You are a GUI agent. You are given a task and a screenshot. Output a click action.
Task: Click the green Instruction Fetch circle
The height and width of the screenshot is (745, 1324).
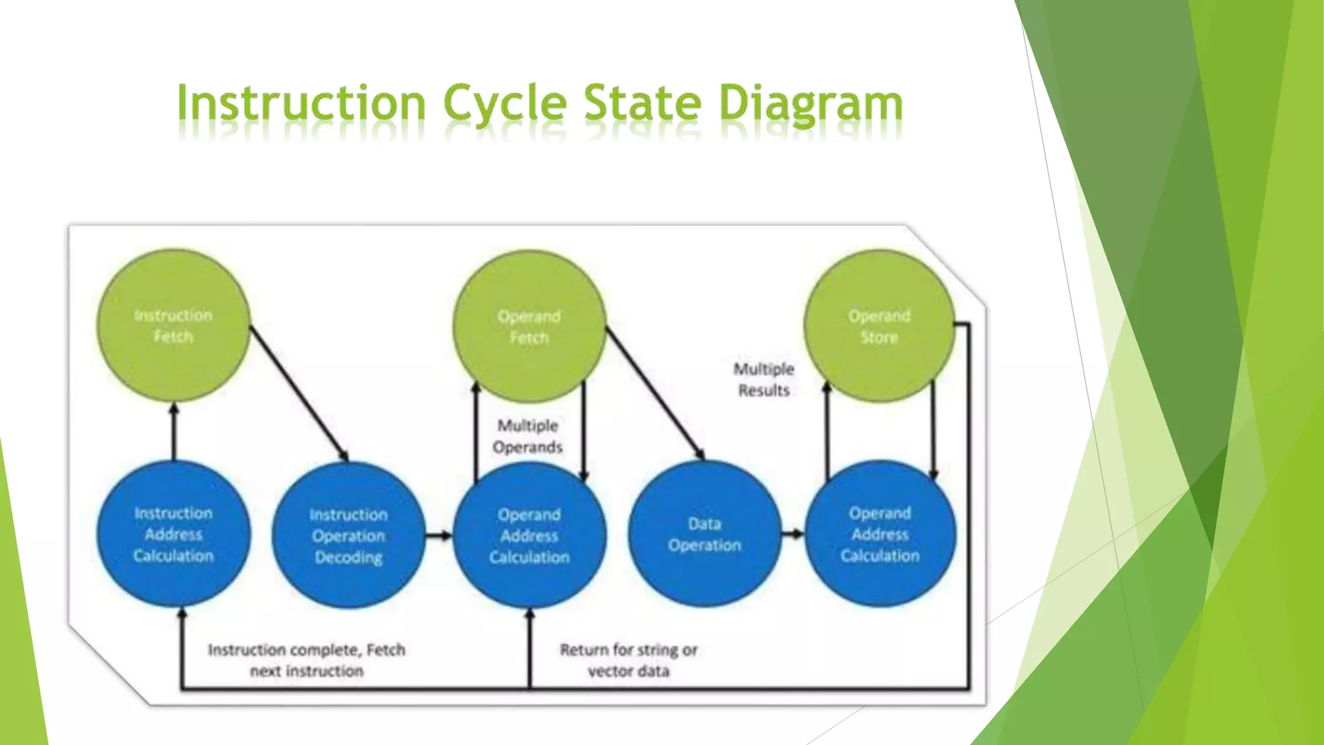tap(173, 326)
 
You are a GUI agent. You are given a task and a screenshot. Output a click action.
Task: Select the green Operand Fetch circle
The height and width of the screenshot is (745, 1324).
tap(529, 326)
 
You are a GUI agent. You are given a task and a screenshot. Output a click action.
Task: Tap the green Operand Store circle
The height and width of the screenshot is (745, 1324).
tap(879, 326)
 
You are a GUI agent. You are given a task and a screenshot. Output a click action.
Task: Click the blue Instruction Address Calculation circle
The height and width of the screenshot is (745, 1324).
tap(173, 534)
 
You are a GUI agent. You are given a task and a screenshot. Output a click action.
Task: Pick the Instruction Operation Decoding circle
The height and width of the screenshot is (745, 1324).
tap(348, 535)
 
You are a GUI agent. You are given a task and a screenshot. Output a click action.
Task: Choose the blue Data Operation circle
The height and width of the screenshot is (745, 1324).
tap(705, 534)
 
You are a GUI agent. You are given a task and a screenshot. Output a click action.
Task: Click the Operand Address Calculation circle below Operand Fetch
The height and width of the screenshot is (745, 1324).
tap(529, 535)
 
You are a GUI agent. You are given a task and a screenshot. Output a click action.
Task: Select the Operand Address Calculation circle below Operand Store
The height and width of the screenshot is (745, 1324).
tap(879, 534)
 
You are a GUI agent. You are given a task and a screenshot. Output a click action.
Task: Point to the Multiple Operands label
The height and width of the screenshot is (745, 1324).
tap(528, 437)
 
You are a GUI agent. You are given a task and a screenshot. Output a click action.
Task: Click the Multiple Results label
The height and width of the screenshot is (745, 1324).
tap(763, 380)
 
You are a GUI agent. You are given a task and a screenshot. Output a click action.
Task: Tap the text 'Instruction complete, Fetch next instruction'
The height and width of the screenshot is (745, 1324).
tap(306, 660)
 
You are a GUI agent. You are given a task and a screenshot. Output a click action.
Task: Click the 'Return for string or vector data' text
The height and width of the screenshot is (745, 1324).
tap(628, 660)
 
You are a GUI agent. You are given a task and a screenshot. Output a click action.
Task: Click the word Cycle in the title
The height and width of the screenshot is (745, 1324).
tap(505, 103)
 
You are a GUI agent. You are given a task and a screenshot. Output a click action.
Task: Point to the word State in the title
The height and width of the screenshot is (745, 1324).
tap(642, 103)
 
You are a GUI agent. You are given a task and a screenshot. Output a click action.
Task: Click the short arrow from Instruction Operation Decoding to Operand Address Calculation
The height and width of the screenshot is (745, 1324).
tap(439, 535)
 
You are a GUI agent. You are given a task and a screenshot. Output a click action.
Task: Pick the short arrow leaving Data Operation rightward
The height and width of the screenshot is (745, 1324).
tap(793, 534)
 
